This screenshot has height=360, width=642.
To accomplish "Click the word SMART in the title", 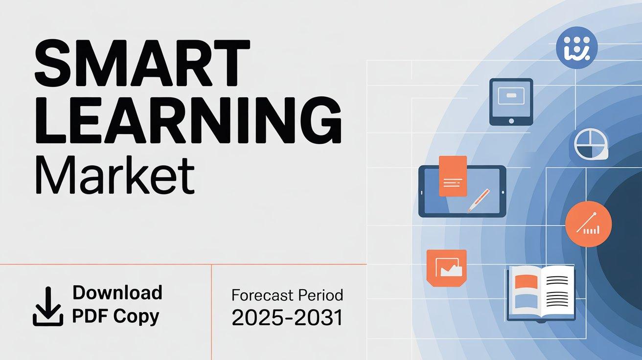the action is (x=142, y=63).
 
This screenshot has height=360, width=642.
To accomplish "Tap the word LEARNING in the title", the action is (x=188, y=120).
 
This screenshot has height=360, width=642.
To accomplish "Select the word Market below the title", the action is (x=115, y=176).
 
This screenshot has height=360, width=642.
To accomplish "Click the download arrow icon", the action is (x=48, y=306).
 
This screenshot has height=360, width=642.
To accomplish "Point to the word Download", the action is (x=117, y=292).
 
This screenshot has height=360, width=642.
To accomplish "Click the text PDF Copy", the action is (x=115, y=316).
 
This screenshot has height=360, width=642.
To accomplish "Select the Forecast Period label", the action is (x=287, y=295).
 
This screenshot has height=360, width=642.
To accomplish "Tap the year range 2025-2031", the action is (x=287, y=317).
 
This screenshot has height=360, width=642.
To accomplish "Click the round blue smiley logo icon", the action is (x=576, y=47).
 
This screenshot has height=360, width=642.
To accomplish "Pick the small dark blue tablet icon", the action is (x=511, y=102).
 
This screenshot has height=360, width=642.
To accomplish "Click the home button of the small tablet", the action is (x=511, y=121).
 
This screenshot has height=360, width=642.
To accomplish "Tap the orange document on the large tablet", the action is (x=453, y=176).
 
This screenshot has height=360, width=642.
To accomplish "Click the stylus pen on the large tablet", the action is (x=479, y=201).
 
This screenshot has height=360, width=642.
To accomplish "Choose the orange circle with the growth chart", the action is (x=588, y=224).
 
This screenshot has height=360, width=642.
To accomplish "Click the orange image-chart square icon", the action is (x=447, y=268).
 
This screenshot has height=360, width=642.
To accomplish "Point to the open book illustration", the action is (x=541, y=294).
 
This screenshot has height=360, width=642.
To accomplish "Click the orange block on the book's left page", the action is (x=526, y=282).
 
